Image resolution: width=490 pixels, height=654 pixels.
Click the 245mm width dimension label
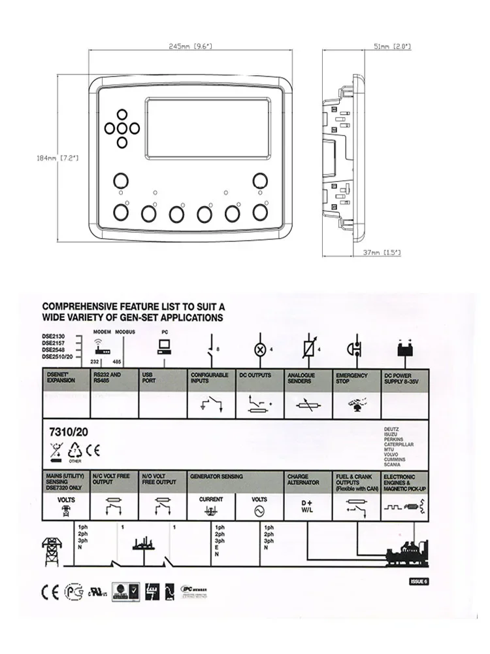click(190, 46)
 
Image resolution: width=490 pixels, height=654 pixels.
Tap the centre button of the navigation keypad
click(122, 128)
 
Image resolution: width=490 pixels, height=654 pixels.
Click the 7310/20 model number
click(69, 432)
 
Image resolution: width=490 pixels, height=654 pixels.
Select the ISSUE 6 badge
click(418, 581)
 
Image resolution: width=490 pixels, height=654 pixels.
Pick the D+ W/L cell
click(308, 506)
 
